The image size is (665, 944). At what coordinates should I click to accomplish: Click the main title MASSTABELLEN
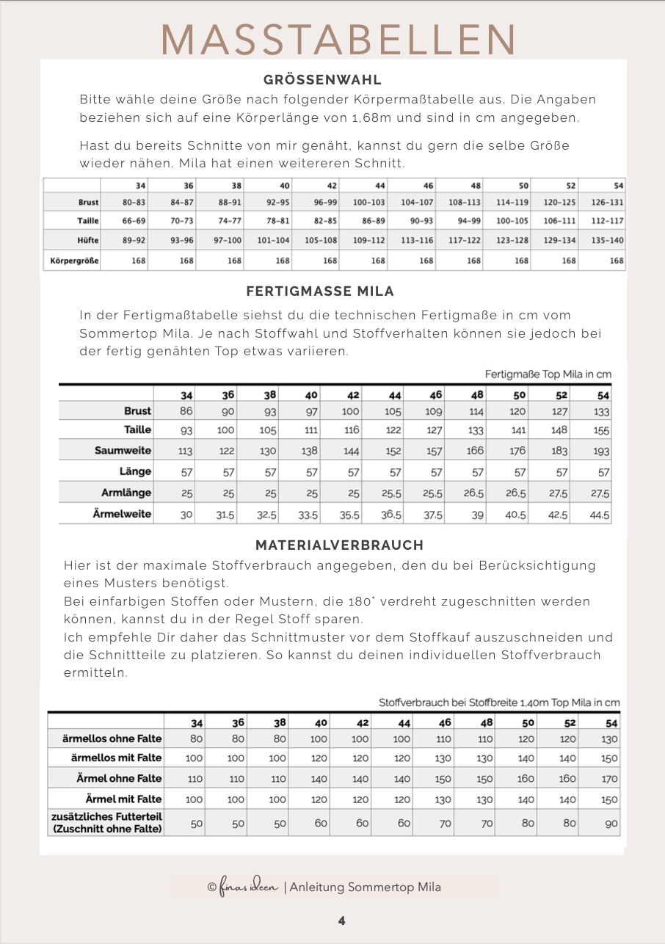pos(339,39)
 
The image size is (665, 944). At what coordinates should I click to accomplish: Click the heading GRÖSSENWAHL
pos(322,81)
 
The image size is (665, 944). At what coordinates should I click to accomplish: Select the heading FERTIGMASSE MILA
pos(320,291)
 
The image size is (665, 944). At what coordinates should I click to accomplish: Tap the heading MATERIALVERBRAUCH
pos(339,545)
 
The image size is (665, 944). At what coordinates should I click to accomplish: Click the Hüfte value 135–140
pos(606,239)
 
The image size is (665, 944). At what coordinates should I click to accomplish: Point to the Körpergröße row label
pos(74,261)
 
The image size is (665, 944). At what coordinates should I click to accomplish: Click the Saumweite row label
pos(123,450)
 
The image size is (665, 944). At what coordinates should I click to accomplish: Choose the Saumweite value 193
pos(601,451)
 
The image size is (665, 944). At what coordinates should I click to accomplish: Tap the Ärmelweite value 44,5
pos(600,515)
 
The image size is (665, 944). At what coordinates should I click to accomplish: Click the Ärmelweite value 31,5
pos(225,515)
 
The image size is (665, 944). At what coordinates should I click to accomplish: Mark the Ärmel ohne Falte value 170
pos(609,779)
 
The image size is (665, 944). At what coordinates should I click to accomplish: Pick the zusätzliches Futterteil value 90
pos(611,824)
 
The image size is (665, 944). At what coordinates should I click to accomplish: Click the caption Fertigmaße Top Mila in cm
pos(548,374)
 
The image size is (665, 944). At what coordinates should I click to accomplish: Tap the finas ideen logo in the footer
pos(243,887)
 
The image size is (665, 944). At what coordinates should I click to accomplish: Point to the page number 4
pos(342,921)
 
